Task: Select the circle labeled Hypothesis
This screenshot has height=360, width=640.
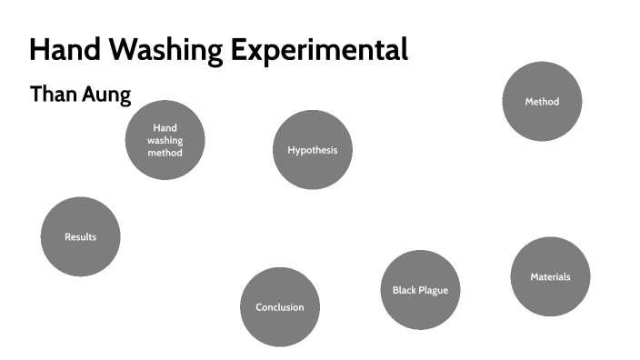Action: click(x=312, y=150)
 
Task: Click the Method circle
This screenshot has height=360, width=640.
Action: click(x=542, y=102)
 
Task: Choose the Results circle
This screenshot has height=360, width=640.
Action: click(x=80, y=237)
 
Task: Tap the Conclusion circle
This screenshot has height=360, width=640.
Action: click(x=280, y=307)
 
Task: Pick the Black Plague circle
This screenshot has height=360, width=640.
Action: click(x=420, y=290)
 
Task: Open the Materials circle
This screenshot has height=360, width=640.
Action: click(x=550, y=276)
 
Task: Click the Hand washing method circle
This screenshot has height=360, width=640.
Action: click(x=165, y=140)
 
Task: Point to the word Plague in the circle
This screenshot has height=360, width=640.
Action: click(x=434, y=290)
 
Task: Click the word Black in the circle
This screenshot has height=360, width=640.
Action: click(x=405, y=290)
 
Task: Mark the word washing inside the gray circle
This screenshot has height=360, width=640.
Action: click(x=165, y=141)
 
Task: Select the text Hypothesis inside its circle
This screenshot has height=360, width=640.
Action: click(x=312, y=150)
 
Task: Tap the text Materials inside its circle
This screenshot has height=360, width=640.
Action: click(x=550, y=276)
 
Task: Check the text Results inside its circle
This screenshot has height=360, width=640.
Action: click(x=80, y=237)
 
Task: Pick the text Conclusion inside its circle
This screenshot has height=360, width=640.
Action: click(x=280, y=307)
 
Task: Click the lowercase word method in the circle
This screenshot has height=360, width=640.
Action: click(x=165, y=153)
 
